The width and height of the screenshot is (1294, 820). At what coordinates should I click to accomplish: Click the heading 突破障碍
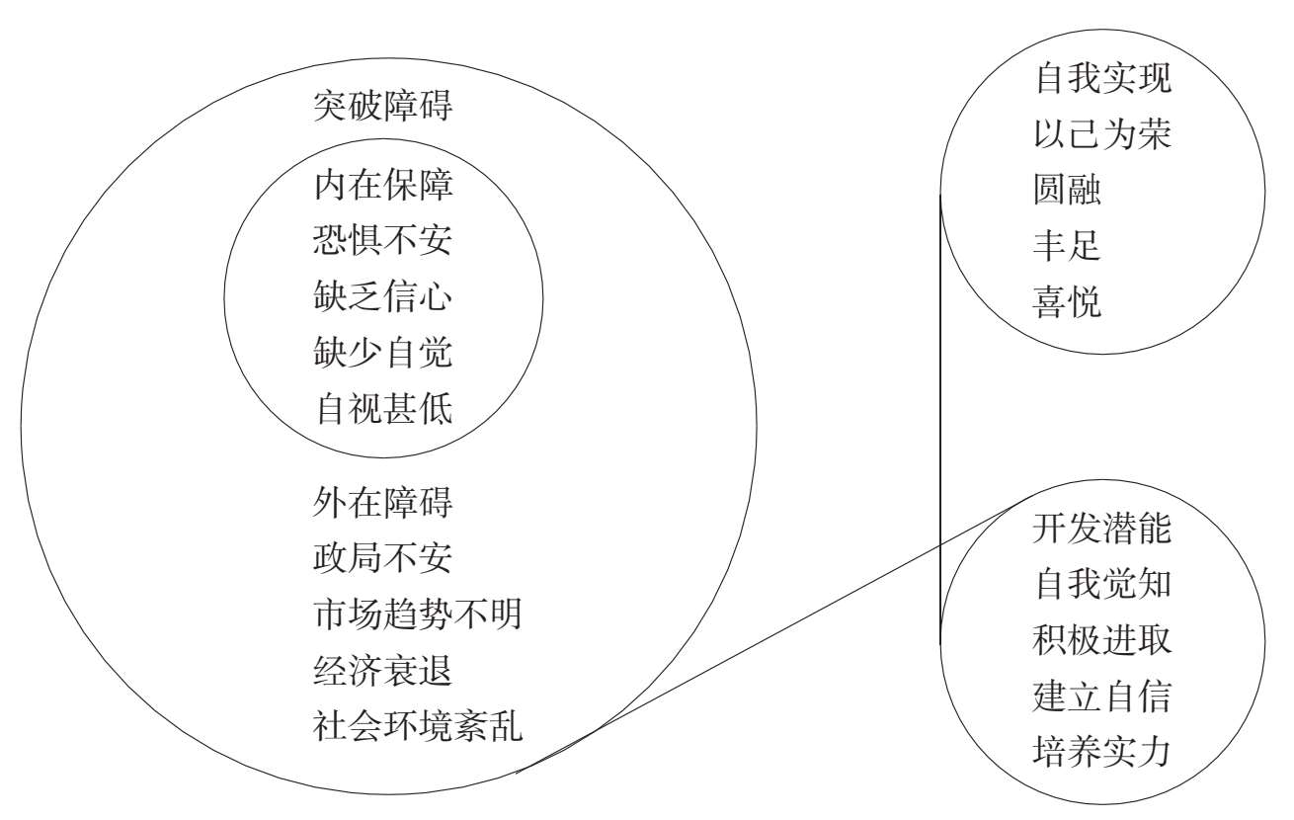tap(383, 107)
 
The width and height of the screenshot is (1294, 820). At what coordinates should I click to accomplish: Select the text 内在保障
tap(383, 185)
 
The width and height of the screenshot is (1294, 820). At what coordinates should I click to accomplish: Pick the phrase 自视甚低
tap(383, 407)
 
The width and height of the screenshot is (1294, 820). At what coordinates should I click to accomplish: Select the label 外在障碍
tap(383, 503)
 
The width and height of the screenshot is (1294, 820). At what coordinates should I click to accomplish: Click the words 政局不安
tap(383, 558)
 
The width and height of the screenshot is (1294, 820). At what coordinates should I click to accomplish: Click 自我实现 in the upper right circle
tap(1101, 78)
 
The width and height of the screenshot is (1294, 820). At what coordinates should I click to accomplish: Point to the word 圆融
tap(1067, 190)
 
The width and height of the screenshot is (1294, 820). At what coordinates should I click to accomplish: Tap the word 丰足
tap(1067, 246)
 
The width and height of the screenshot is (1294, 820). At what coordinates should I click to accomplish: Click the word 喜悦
tap(1067, 302)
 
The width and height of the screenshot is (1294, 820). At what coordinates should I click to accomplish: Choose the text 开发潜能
tap(1101, 529)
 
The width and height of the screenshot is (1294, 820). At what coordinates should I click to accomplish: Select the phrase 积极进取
tap(1101, 640)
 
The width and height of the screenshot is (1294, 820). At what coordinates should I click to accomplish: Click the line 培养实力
tap(1101, 752)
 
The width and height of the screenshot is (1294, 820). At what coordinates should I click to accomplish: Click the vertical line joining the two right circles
tap(939, 415)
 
